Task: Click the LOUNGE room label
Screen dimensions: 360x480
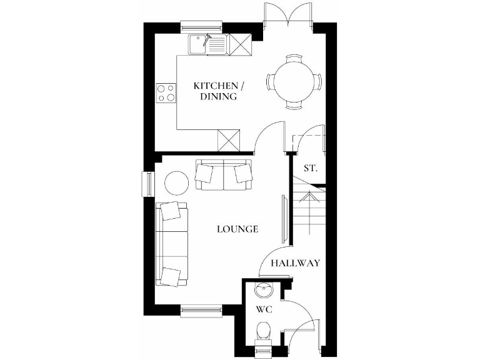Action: (x=237, y=229)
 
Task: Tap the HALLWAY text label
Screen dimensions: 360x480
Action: (x=295, y=263)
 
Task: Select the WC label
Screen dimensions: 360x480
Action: (x=262, y=309)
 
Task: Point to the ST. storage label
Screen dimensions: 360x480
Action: (x=311, y=168)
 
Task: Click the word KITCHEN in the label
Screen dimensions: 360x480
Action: (x=216, y=85)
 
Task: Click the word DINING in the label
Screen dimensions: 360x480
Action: (x=218, y=97)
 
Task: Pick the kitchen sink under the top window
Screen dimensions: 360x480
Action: (x=208, y=44)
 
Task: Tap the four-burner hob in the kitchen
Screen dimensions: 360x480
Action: (x=166, y=92)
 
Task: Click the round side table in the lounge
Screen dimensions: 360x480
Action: (x=176, y=183)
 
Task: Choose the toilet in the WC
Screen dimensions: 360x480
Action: (x=264, y=332)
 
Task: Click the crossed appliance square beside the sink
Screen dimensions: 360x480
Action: (x=239, y=44)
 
